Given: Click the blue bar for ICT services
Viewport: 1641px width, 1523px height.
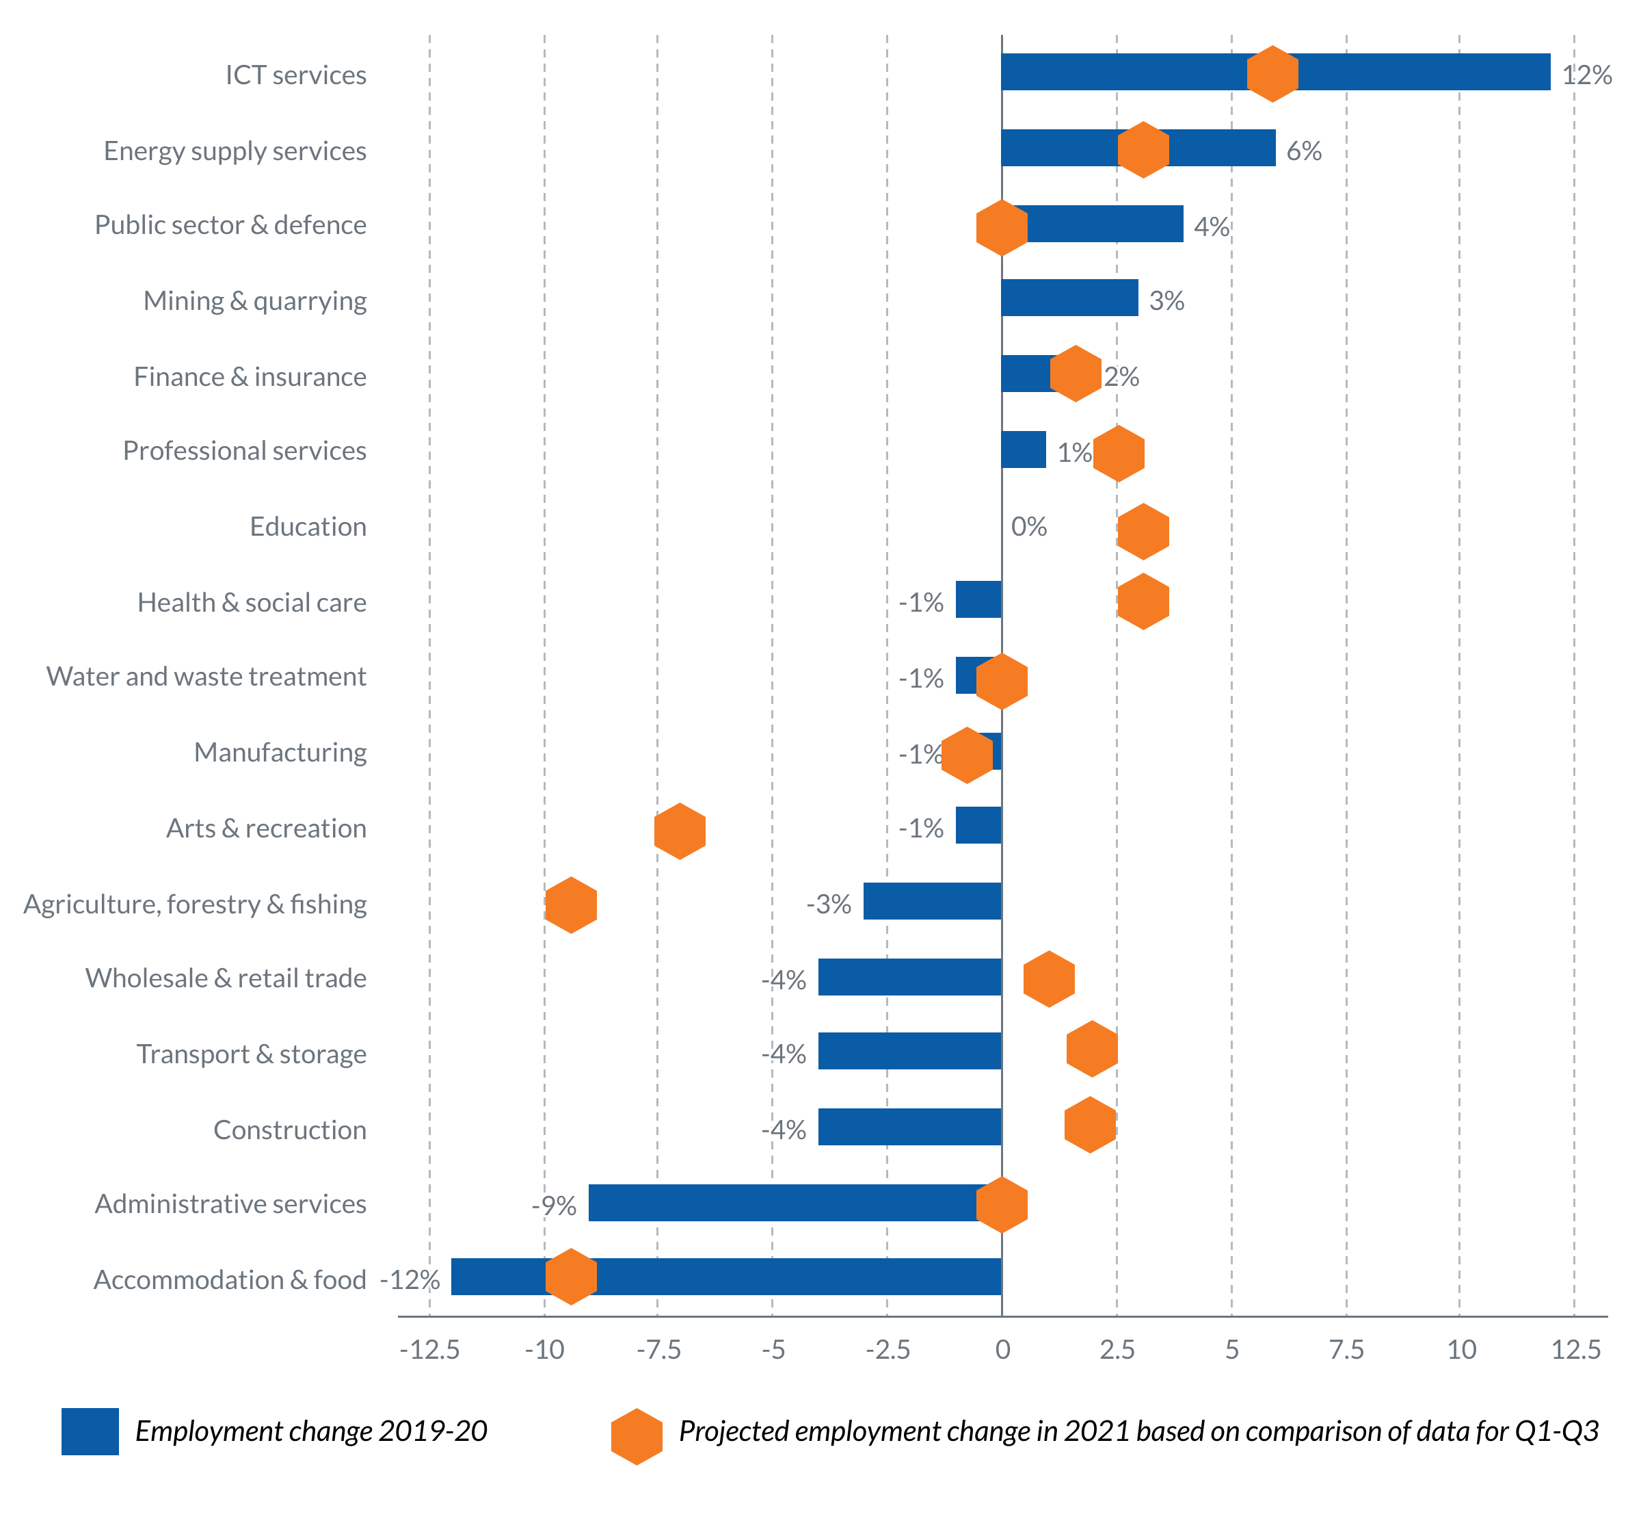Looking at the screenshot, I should [x=1400, y=72].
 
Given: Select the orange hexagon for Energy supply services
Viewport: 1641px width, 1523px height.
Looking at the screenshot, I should [x=1143, y=149].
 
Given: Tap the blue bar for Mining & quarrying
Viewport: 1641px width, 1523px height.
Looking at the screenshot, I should [x=1069, y=298].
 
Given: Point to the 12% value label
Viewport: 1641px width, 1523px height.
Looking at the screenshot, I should [x=1586, y=75].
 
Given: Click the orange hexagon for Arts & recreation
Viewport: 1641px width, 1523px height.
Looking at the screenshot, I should [x=680, y=831].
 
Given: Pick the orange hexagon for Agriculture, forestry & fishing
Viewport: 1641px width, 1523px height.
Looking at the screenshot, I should [x=571, y=905].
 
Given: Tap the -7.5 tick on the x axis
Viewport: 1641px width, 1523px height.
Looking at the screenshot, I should [x=658, y=1350].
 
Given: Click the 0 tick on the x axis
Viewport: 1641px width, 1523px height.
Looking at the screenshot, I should [x=1002, y=1350].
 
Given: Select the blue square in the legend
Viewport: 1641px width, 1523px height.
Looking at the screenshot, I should [x=90, y=1431].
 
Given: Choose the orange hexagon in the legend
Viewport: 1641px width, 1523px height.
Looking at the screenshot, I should [x=636, y=1437].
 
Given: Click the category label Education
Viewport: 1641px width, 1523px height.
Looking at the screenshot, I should [x=308, y=527].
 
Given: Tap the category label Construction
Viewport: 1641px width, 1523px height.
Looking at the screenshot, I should [x=290, y=1130].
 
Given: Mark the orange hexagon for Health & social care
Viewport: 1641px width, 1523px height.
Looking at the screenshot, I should [x=1143, y=601].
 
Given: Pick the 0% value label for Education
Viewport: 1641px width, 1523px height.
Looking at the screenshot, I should [x=1029, y=527].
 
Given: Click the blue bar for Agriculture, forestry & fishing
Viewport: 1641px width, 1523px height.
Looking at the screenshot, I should [x=932, y=901].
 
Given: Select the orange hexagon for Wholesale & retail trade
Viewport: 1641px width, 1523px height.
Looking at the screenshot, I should [x=1049, y=979].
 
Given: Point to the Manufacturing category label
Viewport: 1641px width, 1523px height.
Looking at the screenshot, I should [x=280, y=753].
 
